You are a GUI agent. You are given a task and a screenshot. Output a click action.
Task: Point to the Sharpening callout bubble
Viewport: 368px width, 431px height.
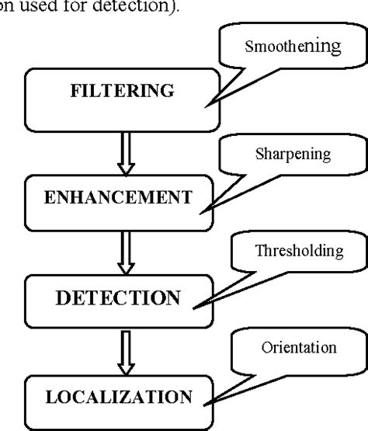coord(292,155)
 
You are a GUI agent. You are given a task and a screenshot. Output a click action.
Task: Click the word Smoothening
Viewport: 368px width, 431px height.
coord(292,47)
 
